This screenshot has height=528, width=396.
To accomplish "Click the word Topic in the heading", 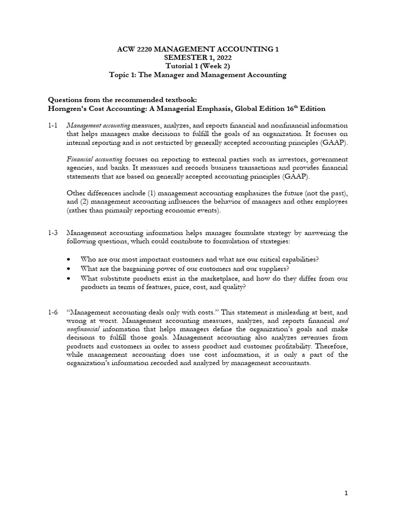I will [x=119, y=75].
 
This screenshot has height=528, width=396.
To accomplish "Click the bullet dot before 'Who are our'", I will [x=70, y=259].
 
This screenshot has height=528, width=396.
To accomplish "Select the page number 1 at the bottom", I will [x=346, y=493].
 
